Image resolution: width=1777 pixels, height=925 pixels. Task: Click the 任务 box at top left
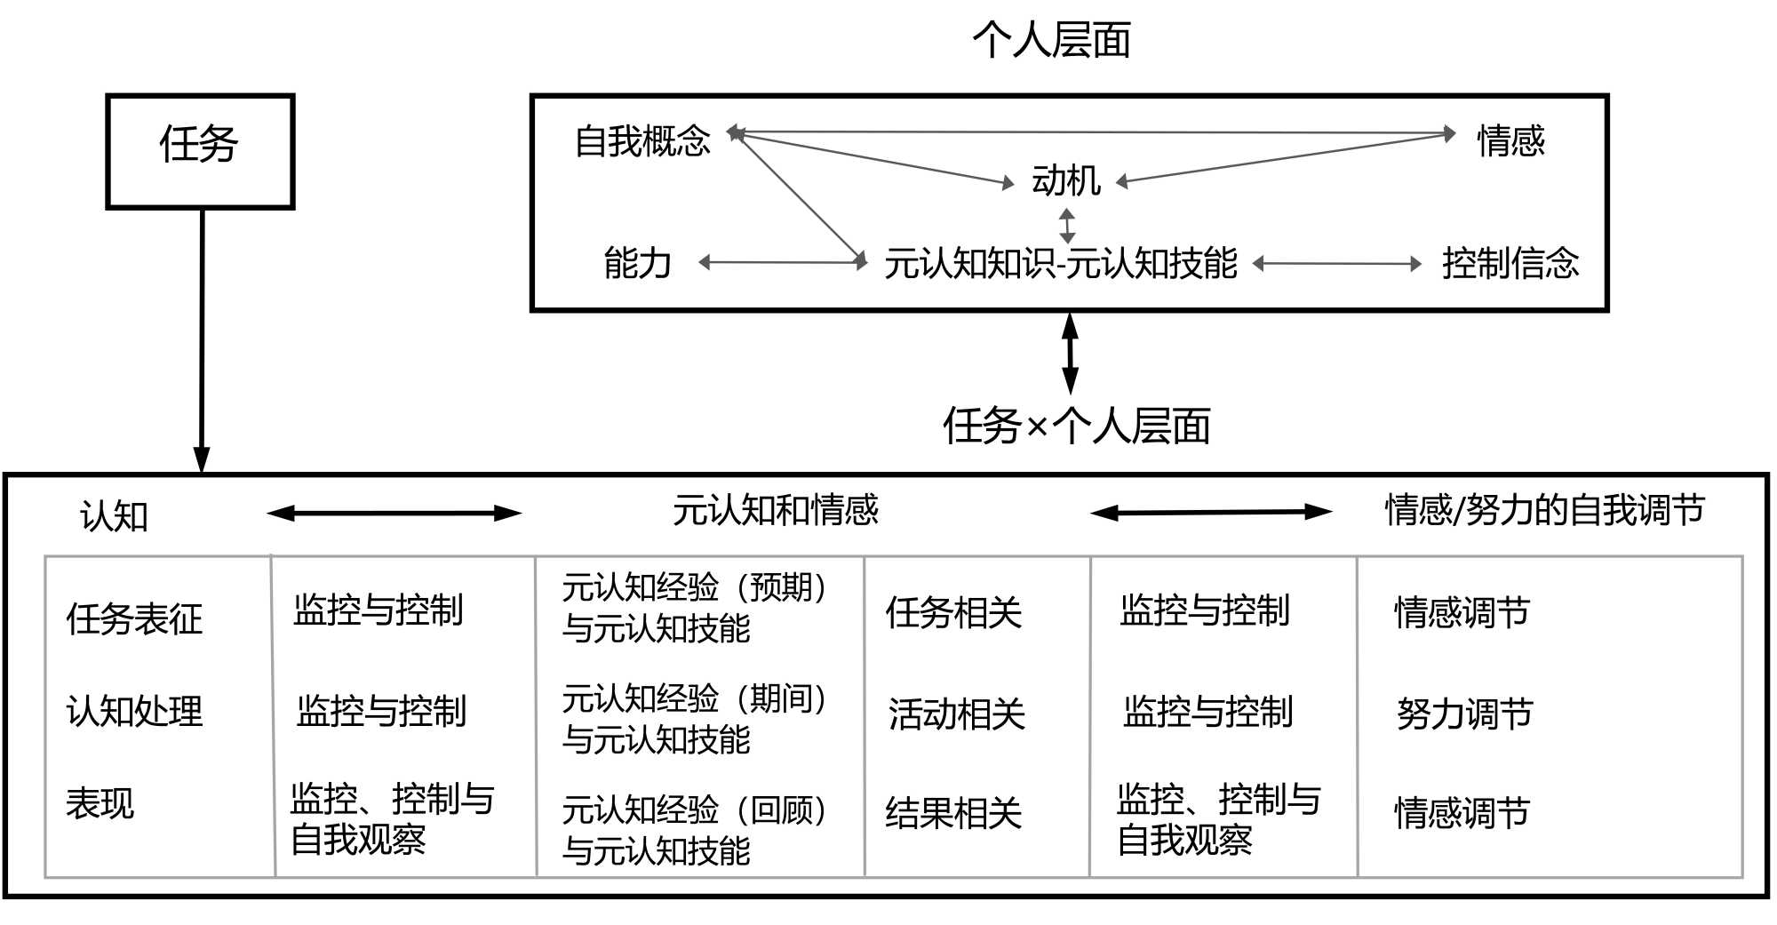tap(200, 151)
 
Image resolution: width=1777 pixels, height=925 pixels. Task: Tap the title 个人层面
tap(1051, 41)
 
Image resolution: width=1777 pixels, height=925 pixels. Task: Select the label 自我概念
tap(642, 141)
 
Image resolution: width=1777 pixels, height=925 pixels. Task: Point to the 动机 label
tap(1065, 180)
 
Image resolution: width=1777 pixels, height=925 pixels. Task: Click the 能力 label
tap(637, 263)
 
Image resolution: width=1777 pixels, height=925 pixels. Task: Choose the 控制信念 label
tap(1510, 263)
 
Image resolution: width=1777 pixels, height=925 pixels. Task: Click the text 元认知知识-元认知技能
tap(1060, 263)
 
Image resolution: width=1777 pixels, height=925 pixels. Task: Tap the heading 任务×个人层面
tap(1076, 426)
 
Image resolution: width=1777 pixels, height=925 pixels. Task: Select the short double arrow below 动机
tap(1067, 226)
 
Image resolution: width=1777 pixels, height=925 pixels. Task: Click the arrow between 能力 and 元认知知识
tap(783, 262)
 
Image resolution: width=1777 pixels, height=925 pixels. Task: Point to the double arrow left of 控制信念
tap(1337, 264)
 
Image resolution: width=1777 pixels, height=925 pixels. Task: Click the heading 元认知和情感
tap(775, 510)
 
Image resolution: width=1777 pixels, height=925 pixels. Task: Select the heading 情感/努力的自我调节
tap(1544, 510)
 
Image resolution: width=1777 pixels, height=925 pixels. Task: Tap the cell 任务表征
tap(134, 618)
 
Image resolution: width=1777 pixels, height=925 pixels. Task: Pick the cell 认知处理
tap(134, 711)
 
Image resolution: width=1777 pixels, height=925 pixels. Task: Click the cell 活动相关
tap(956, 714)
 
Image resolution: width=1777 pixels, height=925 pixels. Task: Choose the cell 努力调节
tap(1464, 714)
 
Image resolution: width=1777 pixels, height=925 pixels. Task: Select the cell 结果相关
tap(953, 813)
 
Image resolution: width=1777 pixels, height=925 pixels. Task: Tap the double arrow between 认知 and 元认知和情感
tap(394, 513)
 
